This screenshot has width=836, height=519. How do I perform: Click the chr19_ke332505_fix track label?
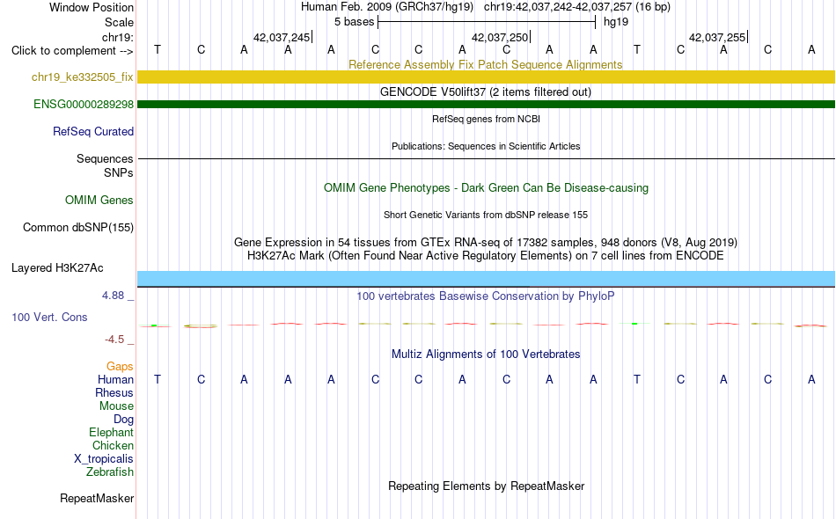pyautogui.click(x=82, y=77)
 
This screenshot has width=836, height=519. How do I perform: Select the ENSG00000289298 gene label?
pyautogui.click(x=84, y=104)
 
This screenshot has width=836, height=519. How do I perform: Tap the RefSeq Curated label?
pyautogui.click(x=93, y=131)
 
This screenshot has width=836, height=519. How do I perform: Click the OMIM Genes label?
pyautogui.click(x=99, y=200)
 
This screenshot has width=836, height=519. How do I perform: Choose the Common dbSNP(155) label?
pyautogui.click(x=78, y=228)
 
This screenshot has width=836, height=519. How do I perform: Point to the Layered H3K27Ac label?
pyautogui.click(x=57, y=267)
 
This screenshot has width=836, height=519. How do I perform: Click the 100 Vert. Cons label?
pyautogui.click(x=49, y=317)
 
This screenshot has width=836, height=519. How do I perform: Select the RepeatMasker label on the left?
pyautogui.click(x=97, y=498)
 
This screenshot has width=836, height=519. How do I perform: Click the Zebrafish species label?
pyautogui.click(x=110, y=471)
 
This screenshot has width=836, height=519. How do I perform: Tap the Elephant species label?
pyautogui.click(x=112, y=432)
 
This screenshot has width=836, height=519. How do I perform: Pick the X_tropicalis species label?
pyautogui.click(x=104, y=459)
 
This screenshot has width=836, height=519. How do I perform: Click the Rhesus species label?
pyautogui.click(x=114, y=392)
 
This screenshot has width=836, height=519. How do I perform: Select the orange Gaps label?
pyautogui.click(x=120, y=366)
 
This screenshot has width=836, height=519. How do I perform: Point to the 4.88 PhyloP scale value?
pyautogui.click(x=113, y=296)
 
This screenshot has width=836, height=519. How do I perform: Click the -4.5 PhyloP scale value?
pyautogui.click(x=114, y=340)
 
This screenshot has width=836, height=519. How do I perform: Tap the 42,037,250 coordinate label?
pyautogui.click(x=500, y=37)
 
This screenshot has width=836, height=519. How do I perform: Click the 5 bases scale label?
pyautogui.click(x=354, y=22)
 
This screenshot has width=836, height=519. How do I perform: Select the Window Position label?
pyautogui.click(x=92, y=7)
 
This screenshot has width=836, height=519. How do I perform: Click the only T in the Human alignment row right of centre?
pyautogui.click(x=636, y=379)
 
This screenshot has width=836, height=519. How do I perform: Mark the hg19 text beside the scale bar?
pyautogui.click(x=616, y=22)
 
